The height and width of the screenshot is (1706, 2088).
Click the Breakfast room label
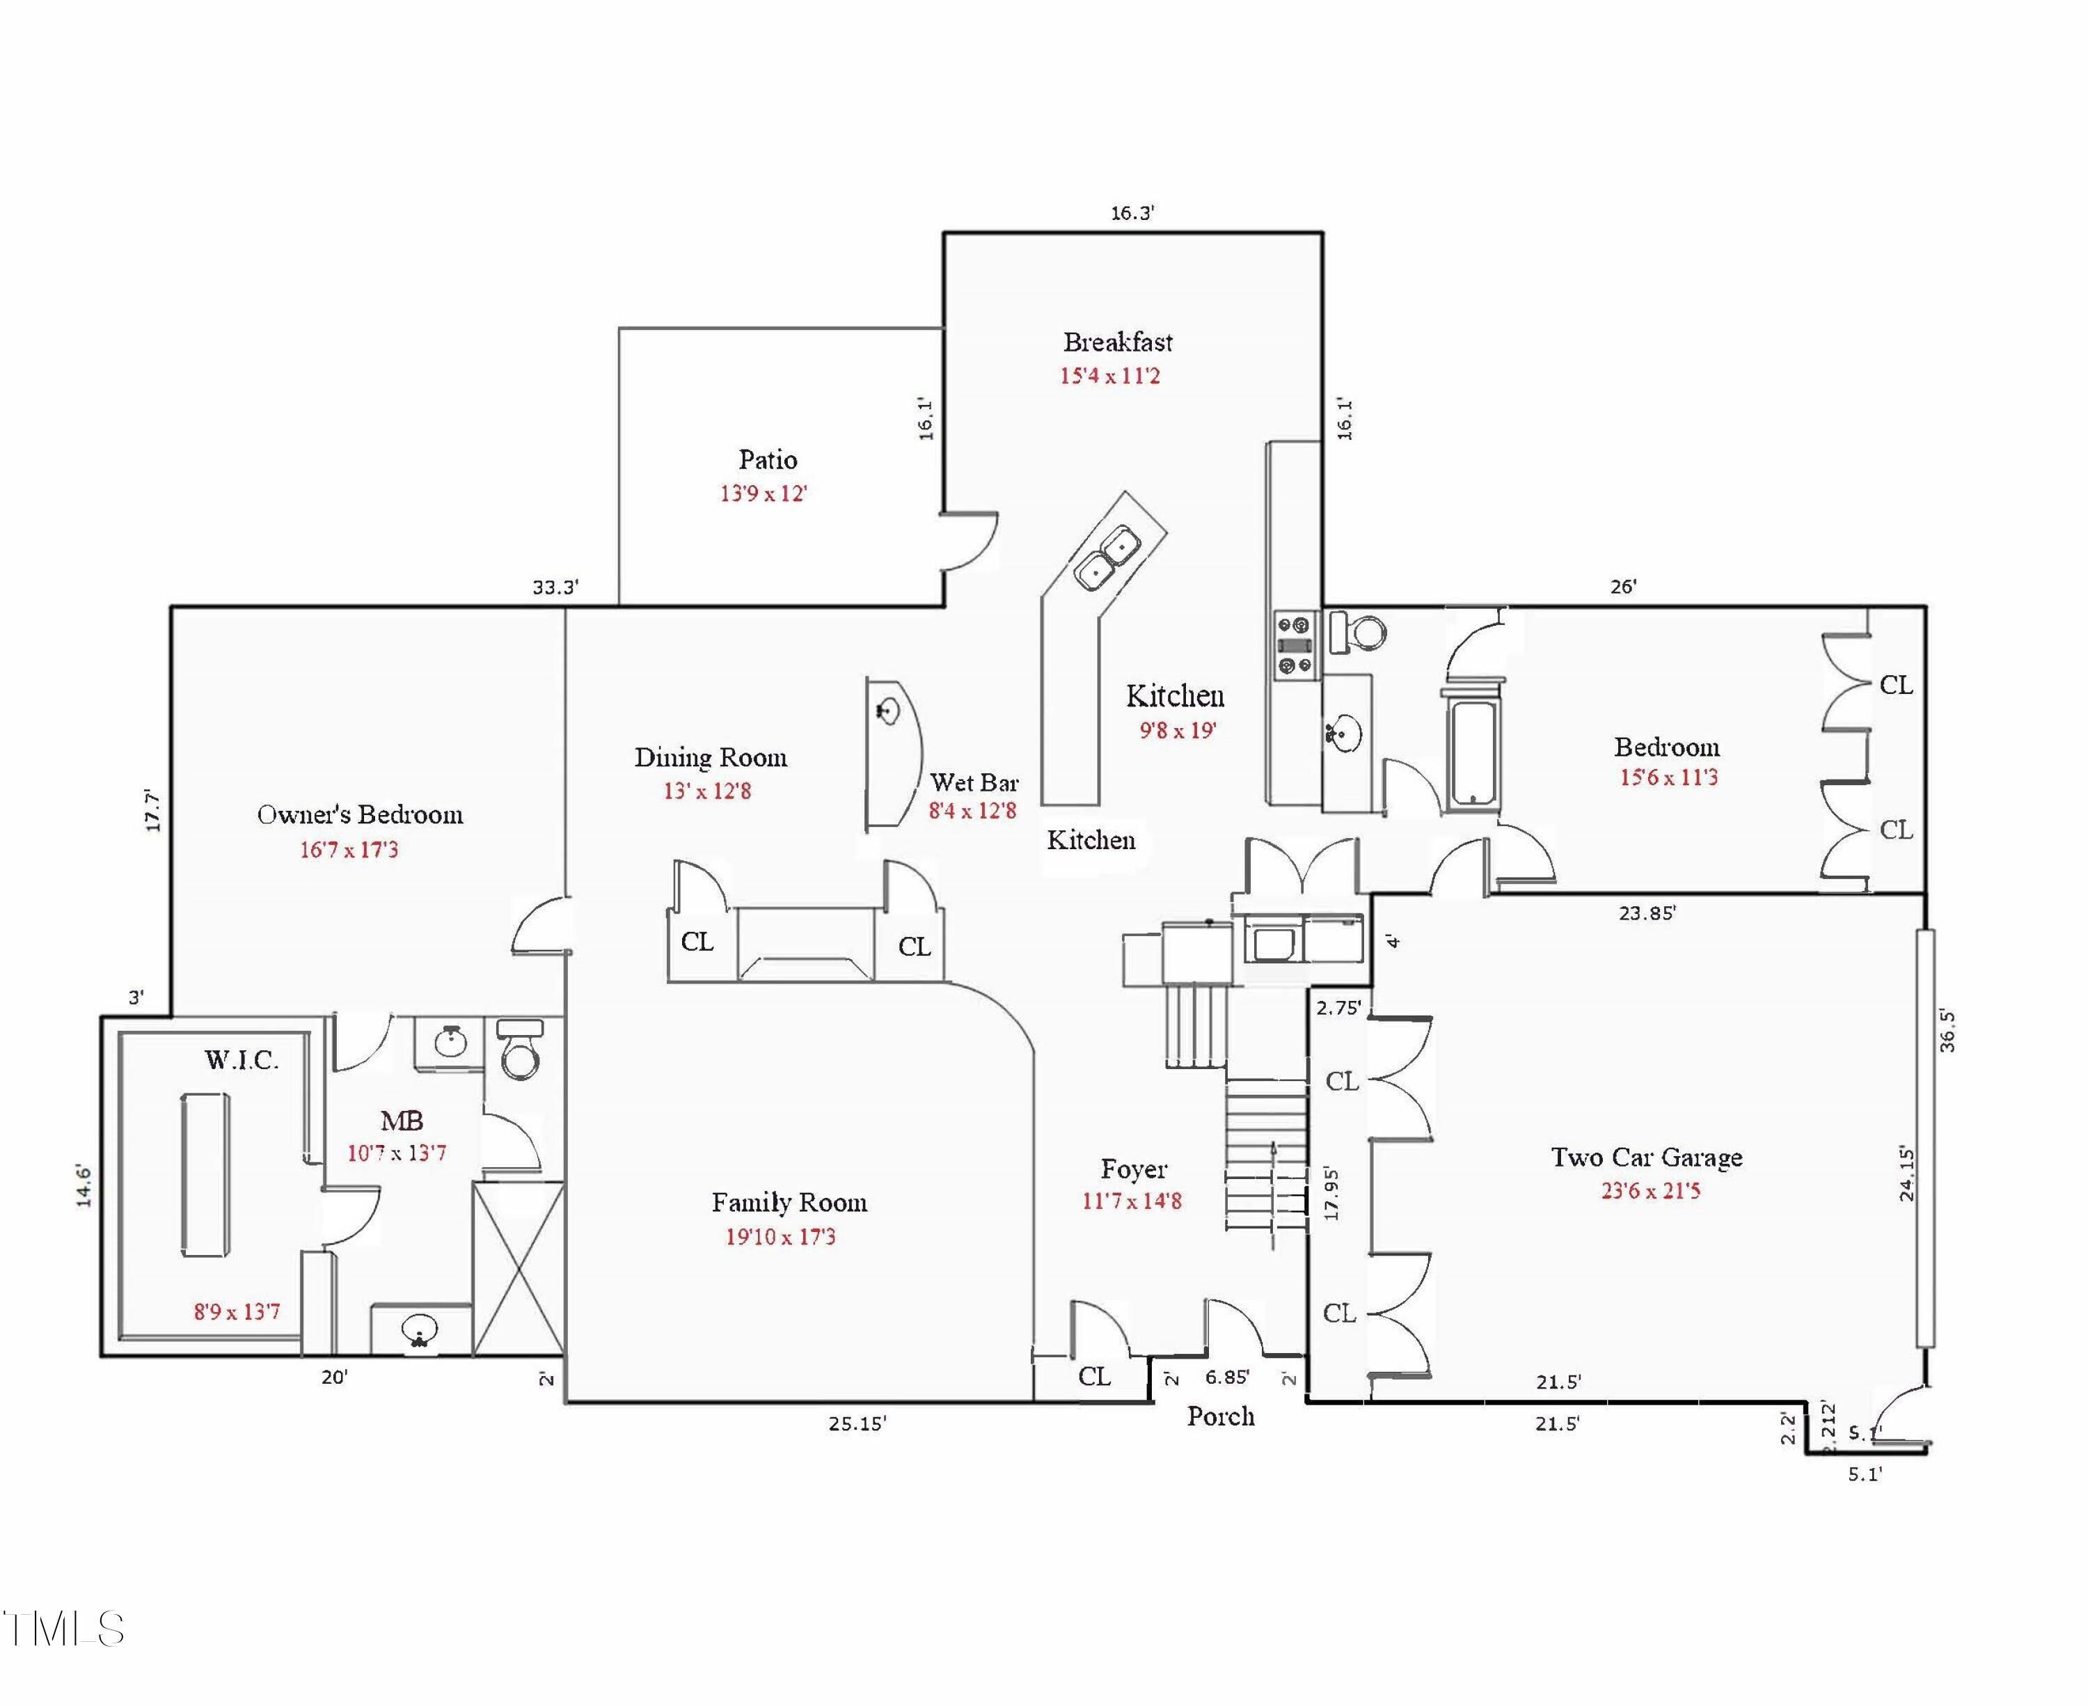click(1118, 342)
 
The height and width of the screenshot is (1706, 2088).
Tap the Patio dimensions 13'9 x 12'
click(764, 493)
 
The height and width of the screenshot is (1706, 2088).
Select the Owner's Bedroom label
click(360, 814)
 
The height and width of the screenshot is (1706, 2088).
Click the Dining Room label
click(711, 758)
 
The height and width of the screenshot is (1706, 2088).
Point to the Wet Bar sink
click(888, 709)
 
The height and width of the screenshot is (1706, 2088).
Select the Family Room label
click(789, 1203)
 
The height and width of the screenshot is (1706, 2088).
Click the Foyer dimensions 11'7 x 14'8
click(1132, 1201)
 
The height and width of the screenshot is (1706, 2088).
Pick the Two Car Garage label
click(1647, 1158)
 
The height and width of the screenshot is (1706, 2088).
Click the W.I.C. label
click(242, 1059)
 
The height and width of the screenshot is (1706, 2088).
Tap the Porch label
click(1220, 1416)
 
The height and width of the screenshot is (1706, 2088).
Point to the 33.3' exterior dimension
click(555, 587)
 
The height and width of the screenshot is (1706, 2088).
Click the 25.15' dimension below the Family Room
click(857, 1423)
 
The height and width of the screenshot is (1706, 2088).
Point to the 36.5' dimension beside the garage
click(1947, 1031)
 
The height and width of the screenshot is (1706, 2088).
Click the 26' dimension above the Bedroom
click(1623, 587)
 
